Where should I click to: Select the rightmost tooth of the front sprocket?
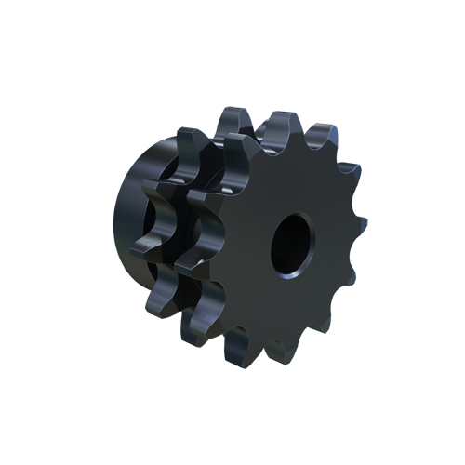point(358,229)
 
